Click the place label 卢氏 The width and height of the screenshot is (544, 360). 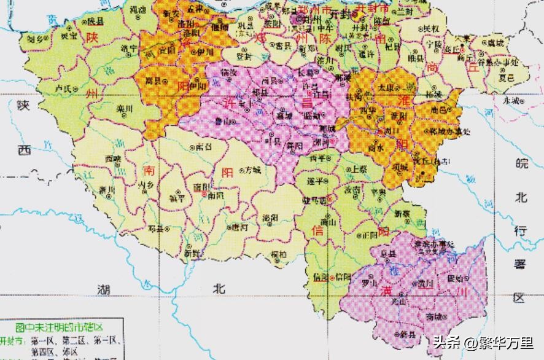pyautogui.click(x=63, y=88)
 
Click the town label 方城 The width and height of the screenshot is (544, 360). pyautogui.click(x=252, y=170)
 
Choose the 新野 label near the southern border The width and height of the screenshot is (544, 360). pyautogui.click(x=192, y=252)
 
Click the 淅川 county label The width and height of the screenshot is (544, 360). pyautogui.click(x=107, y=191)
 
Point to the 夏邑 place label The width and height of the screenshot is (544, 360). pyautogui.click(x=507, y=79)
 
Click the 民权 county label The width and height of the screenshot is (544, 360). pyautogui.click(x=431, y=28)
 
